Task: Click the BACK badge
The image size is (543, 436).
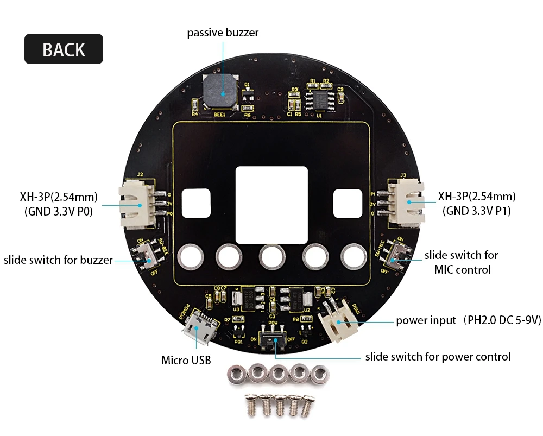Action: click(64, 49)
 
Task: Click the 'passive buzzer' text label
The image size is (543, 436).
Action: click(223, 33)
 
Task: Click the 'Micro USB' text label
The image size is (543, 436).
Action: click(186, 360)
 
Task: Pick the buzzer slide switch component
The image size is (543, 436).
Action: click(147, 255)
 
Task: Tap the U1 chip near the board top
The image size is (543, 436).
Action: click(320, 99)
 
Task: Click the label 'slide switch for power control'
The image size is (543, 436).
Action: click(438, 357)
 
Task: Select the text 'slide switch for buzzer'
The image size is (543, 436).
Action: click(58, 260)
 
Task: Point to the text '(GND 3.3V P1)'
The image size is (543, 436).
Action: click(477, 211)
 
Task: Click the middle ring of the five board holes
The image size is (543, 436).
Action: click(271, 256)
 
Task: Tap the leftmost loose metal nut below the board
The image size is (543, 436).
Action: click(235, 374)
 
